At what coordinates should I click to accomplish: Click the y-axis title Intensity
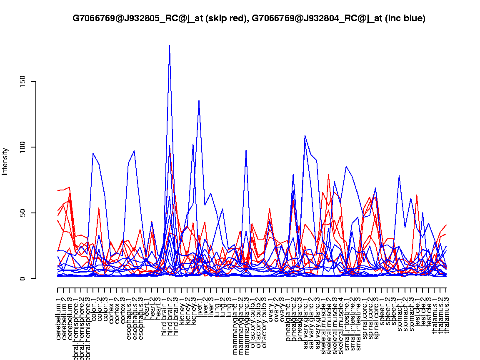[5, 161]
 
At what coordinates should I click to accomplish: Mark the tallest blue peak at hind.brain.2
[170, 45]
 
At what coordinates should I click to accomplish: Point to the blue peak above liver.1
[199, 100]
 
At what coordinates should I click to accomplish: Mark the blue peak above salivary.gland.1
[305, 135]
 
